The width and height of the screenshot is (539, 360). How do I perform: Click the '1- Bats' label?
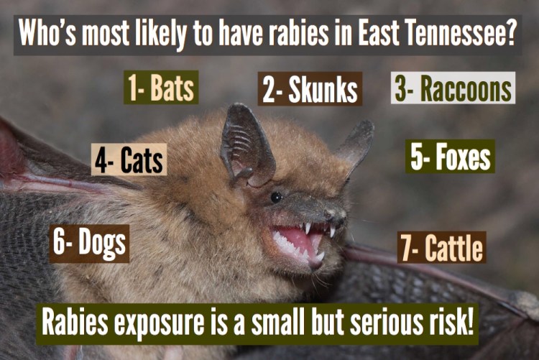click(x=161, y=89)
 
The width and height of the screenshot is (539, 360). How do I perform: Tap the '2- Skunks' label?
click(x=310, y=91)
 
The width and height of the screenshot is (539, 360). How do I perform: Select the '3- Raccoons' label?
click(x=453, y=89)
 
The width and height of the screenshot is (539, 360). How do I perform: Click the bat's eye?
click(x=276, y=196)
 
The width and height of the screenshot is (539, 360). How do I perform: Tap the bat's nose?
click(x=337, y=213)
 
